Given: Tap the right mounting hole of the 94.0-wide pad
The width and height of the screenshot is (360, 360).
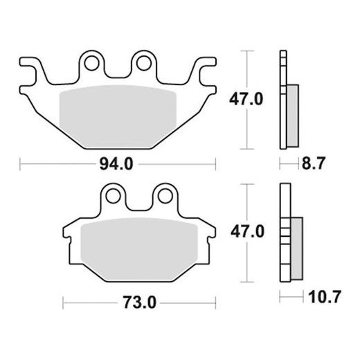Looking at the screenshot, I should coord(144,64).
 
